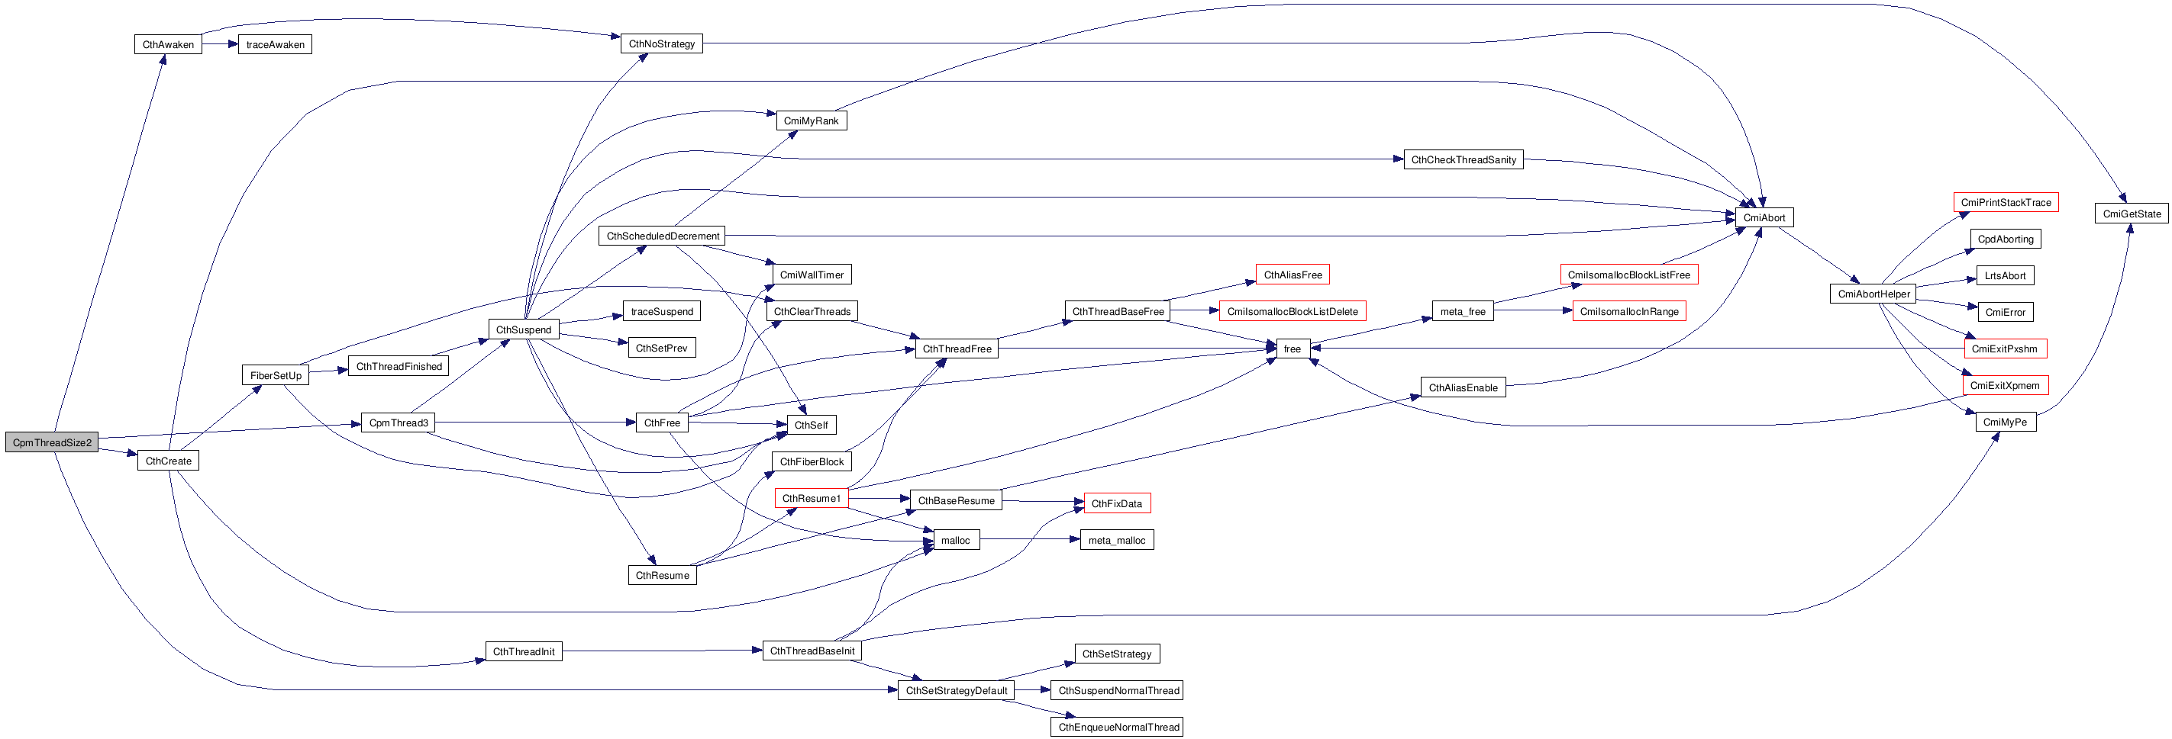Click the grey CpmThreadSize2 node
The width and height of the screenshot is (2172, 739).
point(51,442)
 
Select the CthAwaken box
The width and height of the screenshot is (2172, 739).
point(168,45)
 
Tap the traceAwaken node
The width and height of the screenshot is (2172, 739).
point(275,45)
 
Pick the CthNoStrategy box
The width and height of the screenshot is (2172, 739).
point(662,43)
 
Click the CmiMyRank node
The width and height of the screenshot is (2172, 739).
point(811,120)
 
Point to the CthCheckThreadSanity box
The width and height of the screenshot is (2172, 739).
point(1464,159)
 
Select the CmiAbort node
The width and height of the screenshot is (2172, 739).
point(1764,217)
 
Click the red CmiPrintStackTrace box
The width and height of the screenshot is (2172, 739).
point(2006,202)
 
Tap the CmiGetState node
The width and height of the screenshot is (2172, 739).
point(2132,214)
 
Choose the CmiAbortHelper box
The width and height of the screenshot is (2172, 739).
point(1873,294)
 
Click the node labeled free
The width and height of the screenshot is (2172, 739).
point(1293,349)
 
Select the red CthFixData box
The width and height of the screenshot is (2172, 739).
point(1116,503)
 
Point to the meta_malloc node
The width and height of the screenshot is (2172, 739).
point(1117,540)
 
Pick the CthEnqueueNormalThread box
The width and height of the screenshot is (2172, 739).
point(1118,726)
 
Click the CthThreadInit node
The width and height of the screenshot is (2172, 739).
point(524,651)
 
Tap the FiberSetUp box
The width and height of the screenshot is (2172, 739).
point(276,375)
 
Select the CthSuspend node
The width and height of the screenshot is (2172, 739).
point(524,329)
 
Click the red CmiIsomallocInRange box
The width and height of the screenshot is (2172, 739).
point(1629,311)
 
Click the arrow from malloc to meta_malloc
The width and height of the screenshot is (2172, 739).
point(1031,540)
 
